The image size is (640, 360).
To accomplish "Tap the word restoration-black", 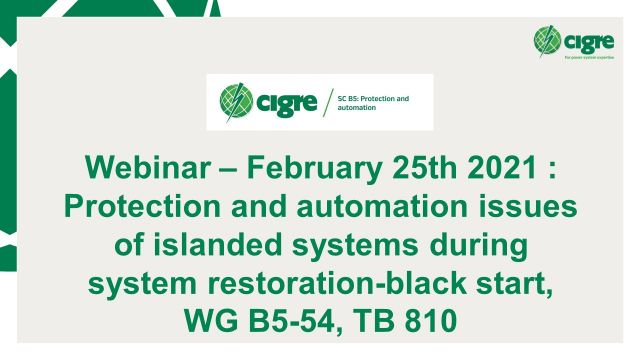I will click(369, 285).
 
